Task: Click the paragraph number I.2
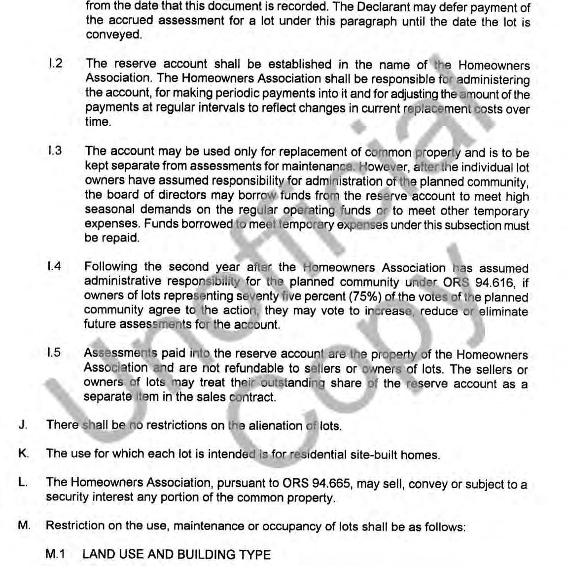(55, 64)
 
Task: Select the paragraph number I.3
(55, 151)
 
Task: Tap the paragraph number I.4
(54, 267)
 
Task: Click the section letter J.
(22, 425)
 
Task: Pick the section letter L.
(22, 483)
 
